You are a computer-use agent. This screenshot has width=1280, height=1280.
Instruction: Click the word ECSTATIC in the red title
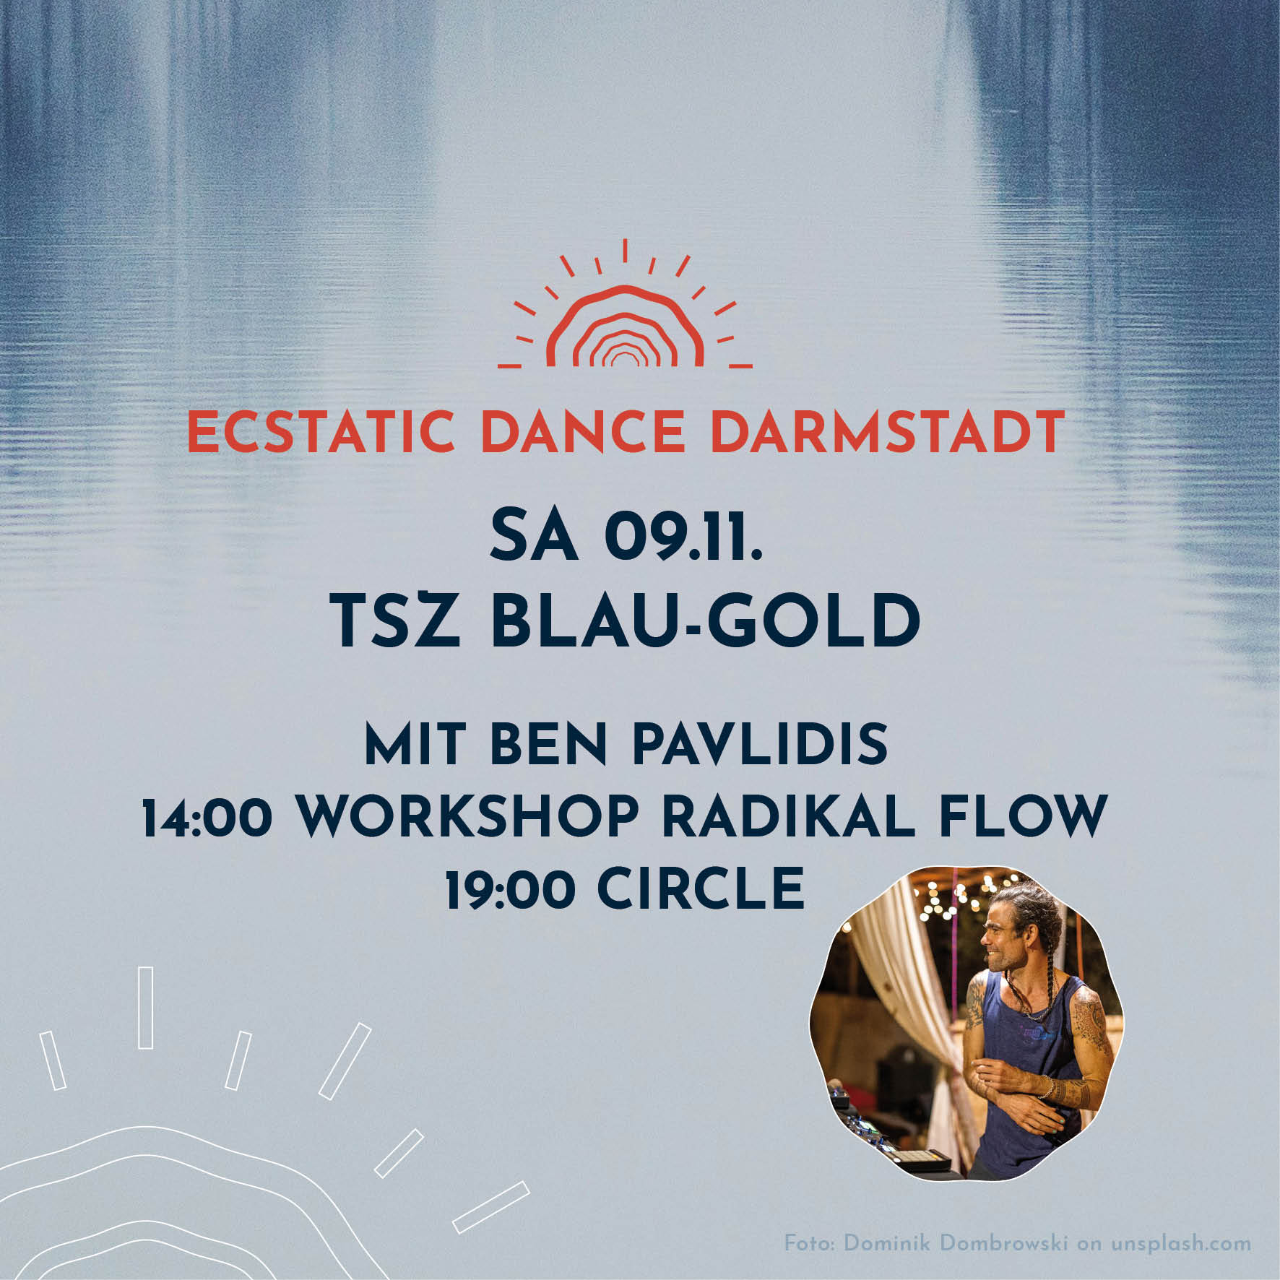(x=321, y=431)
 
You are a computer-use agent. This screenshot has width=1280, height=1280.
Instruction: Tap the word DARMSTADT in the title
(x=888, y=431)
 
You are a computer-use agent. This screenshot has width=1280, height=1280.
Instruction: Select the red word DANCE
(x=583, y=431)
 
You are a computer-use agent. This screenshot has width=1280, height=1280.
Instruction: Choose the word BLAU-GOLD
(x=706, y=622)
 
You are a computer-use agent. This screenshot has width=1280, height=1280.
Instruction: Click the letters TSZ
(x=397, y=622)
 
